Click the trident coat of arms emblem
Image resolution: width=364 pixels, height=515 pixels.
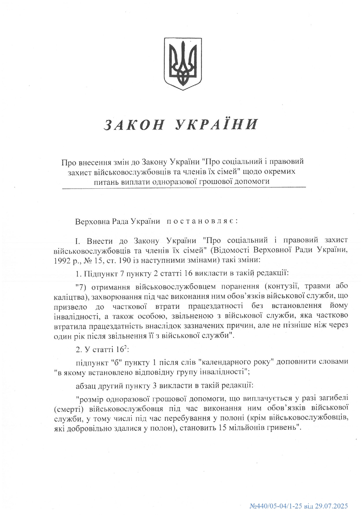coord(183,63)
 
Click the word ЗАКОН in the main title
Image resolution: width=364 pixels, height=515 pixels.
coord(134,125)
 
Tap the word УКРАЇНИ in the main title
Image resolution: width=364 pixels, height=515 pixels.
coord(217,124)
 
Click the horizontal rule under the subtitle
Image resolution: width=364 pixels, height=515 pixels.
coord(184,187)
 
